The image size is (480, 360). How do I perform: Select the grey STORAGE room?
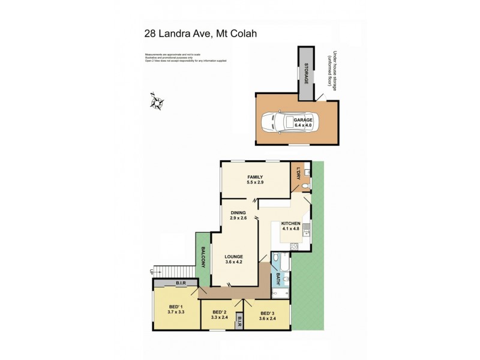point(305,70)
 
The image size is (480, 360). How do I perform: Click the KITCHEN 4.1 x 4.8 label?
point(290,226)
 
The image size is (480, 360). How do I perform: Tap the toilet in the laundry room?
point(306,186)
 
